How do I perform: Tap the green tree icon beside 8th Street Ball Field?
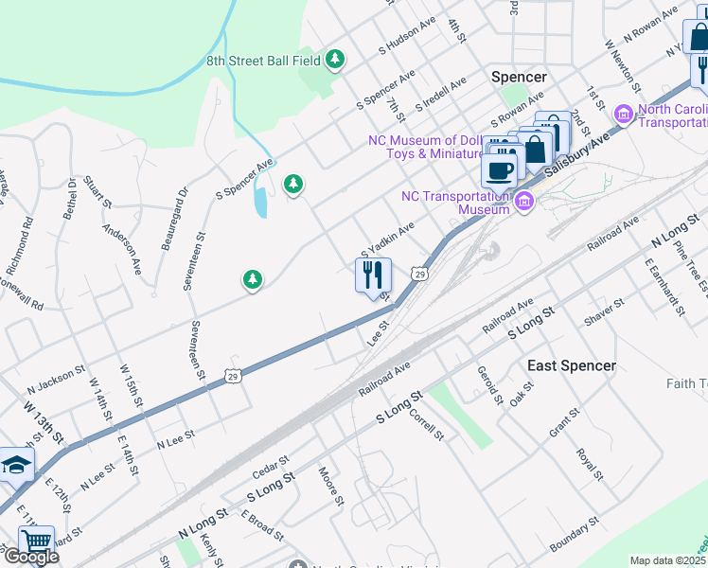[x=334, y=61]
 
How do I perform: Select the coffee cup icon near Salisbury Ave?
[x=499, y=169]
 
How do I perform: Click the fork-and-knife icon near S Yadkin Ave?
[x=373, y=275]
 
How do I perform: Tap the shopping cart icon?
[x=36, y=541]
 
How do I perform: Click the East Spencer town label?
[x=571, y=365]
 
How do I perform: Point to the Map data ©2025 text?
[x=668, y=560]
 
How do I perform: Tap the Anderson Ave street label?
[x=122, y=247]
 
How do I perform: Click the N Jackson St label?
[x=51, y=384]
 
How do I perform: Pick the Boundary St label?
[x=575, y=534]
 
